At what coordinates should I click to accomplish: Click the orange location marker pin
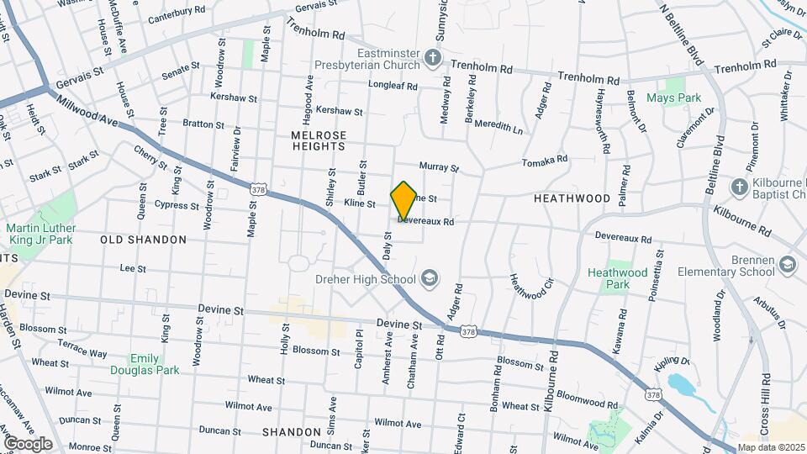403,200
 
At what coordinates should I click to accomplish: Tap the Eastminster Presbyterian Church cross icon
433,57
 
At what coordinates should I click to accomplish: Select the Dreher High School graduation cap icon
430,278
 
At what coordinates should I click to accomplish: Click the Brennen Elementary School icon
788,266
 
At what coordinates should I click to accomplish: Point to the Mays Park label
673,98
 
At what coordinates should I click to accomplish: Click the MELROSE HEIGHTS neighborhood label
319,140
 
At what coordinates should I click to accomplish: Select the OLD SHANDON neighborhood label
143,240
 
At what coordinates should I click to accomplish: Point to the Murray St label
439,169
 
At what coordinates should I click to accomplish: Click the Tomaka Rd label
544,160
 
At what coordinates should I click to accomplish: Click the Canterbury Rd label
177,15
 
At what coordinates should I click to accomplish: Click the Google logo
28,443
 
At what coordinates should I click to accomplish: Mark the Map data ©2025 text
771,447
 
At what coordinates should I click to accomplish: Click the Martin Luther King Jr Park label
40,234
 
